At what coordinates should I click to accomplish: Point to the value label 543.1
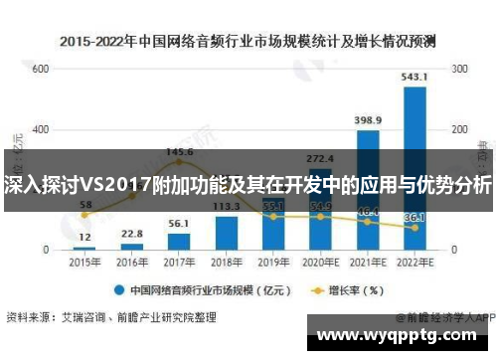point(414,77)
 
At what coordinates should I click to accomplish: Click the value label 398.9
point(367,120)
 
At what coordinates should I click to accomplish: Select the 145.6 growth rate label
point(179,151)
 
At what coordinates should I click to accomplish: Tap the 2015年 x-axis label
point(84,262)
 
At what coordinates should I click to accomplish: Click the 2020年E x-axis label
point(320,262)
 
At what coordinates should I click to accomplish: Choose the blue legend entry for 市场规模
point(198,291)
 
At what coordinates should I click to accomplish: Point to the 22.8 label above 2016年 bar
point(131,234)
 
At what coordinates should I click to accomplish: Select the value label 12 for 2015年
point(84,238)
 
